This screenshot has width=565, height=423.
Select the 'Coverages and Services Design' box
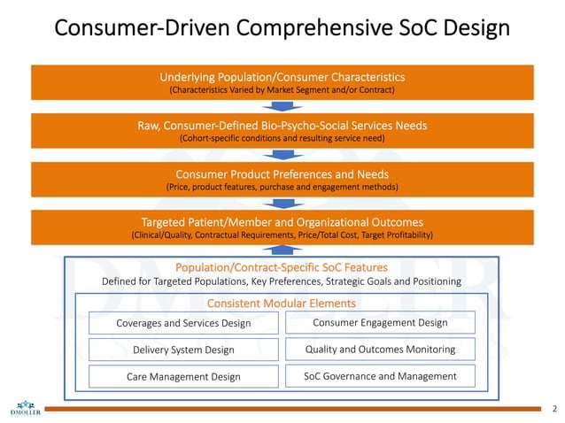click(183, 323)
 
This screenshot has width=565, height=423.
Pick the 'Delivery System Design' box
click(183, 350)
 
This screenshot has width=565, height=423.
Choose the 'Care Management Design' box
click(183, 376)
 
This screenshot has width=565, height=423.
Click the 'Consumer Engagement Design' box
click(380, 322)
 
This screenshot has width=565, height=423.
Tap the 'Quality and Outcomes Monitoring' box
click(380, 349)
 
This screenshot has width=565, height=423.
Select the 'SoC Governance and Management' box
click(380, 376)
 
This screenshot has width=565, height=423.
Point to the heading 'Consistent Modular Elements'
click(282, 304)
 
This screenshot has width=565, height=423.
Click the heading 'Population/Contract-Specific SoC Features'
click(282, 267)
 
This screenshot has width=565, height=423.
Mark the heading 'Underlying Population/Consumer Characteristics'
click(282, 77)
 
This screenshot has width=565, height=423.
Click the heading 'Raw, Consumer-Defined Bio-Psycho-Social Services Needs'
click(282, 126)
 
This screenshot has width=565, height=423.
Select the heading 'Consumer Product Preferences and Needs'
click(282, 173)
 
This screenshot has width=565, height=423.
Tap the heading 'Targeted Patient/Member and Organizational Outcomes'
click(282, 221)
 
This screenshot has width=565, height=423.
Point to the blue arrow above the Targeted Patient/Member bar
click(282, 204)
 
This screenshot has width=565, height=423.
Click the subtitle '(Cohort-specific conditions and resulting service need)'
click(282, 139)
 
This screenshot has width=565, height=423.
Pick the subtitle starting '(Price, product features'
click(282, 187)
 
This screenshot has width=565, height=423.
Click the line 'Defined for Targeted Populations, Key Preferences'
click(282, 281)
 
